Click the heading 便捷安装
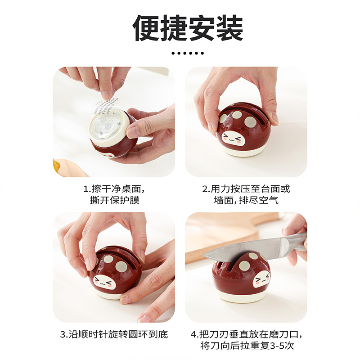[188, 27]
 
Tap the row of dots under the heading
[188, 53]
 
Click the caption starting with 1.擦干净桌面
[114, 189]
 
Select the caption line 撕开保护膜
[115, 200]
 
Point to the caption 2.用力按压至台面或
[246, 189]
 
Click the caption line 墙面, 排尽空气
[246, 200]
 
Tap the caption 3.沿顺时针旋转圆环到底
[114, 334]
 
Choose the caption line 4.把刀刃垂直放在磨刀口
[246, 334]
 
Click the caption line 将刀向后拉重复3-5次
[247, 346]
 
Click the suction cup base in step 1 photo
[108, 126]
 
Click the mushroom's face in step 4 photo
[262, 280]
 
